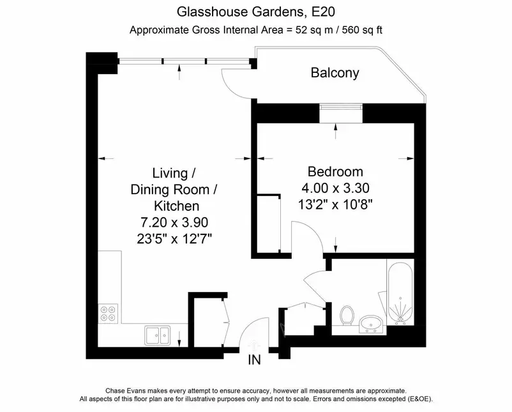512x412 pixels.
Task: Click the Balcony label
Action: pyautogui.click(x=335, y=73)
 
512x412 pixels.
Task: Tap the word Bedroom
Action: pyautogui.click(x=335, y=172)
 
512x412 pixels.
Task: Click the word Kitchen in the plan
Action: pyautogui.click(x=176, y=206)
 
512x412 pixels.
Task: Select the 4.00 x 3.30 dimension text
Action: pyautogui.click(x=335, y=188)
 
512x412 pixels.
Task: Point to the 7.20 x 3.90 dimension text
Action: pyautogui.click(x=174, y=222)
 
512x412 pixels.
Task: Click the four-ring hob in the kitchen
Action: pyautogui.click(x=108, y=314)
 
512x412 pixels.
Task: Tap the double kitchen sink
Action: pyautogui.click(x=158, y=335)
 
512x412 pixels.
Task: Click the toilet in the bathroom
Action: pyautogui.click(x=347, y=316)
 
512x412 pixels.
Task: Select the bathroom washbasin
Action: pyautogui.click(x=372, y=324)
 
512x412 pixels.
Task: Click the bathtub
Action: pyautogui.click(x=400, y=293)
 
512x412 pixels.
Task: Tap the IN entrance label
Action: pyautogui.click(x=254, y=360)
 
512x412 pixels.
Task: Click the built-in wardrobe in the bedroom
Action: pyautogui.click(x=269, y=224)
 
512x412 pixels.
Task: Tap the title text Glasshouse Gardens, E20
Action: pyautogui.click(x=255, y=11)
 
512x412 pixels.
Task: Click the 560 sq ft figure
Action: pyautogui.click(x=362, y=30)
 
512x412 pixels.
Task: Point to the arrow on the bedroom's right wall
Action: pyautogui.click(x=406, y=158)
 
